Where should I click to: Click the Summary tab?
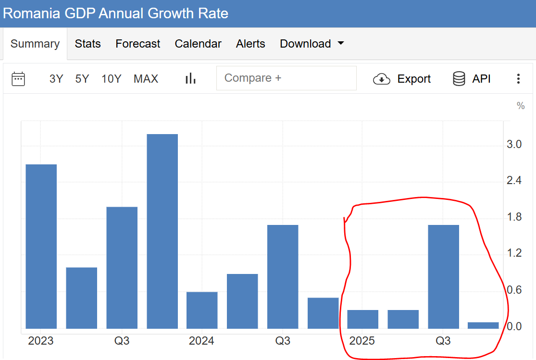[x=35, y=44]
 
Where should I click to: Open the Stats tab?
[x=87, y=44]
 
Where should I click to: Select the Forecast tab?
[x=137, y=44]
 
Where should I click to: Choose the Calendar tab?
[x=198, y=44]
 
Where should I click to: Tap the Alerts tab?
[x=250, y=44]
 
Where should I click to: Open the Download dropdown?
[x=312, y=44]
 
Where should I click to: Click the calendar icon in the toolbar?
[x=18, y=79]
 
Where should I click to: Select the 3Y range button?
[x=56, y=79]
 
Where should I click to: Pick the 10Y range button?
[x=112, y=79]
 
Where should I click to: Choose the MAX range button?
[x=146, y=79]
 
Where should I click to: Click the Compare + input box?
[x=286, y=78]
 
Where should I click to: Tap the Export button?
[x=402, y=79]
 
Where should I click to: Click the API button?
[x=472, y=79]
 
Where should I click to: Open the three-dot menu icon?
[x=518, y=79]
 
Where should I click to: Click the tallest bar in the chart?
[x=162, y=231]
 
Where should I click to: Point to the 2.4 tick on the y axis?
[x=514, y=181]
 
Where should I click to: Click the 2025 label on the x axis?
[x=362, y=341]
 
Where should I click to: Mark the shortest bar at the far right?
[x=483, y=325]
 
